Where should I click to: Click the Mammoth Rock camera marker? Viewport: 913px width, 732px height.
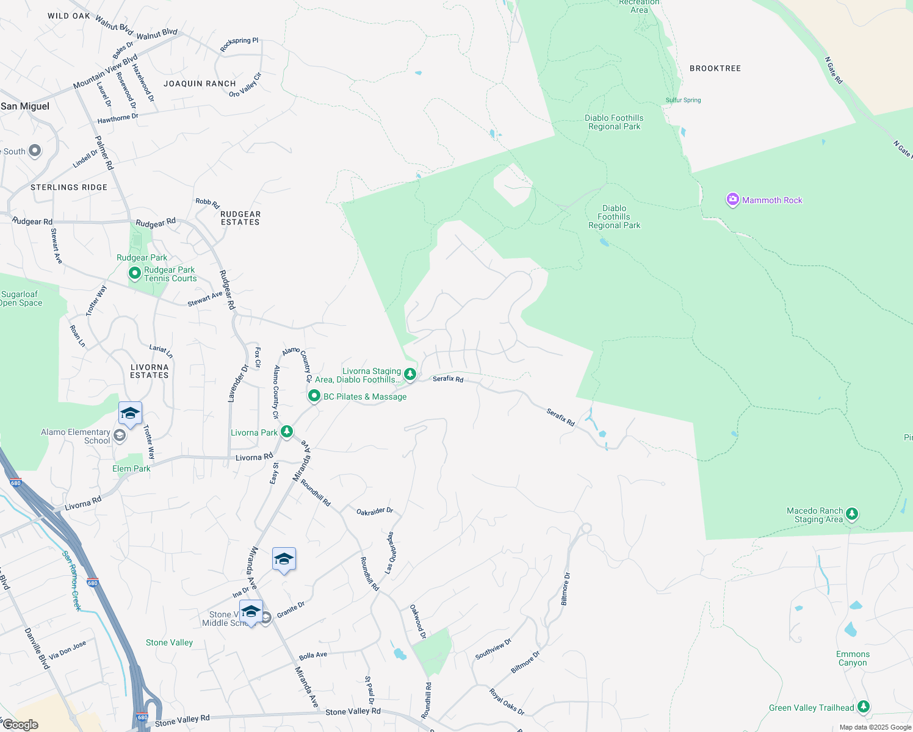(x=732, y=199)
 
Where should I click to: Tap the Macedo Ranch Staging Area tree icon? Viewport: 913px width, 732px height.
(x=852, y=514)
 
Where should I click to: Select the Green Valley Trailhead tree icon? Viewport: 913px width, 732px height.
(x=863, y=706)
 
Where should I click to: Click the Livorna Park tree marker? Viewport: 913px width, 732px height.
(x=286, y=432)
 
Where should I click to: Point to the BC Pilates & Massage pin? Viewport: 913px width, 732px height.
(x=314, y=396)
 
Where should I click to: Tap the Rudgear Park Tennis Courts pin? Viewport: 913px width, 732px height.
(x=134, y=273)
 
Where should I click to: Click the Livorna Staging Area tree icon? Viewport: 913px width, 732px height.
(x=410, y=374)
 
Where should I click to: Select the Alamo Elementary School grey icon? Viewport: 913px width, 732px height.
(x=120, y=435)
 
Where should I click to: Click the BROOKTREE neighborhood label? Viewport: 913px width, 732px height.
(x=715, y=68)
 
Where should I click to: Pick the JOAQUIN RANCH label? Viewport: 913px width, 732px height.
(x=200, y=84)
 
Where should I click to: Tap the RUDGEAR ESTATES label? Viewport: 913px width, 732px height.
(x=240, y=218)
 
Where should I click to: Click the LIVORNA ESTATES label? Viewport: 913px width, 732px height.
(x=149, y=371)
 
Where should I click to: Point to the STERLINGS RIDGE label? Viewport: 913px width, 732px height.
(x=69, y=187)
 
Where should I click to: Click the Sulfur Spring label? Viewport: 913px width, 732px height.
(x=683, y=100)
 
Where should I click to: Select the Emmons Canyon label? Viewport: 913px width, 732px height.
(x=853, y=658)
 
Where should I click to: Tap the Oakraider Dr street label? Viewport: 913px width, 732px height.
(x=375, y=511)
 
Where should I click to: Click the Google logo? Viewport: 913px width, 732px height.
(x=20, y=725)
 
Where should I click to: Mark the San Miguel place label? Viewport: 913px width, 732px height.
(x=25, y=106)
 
